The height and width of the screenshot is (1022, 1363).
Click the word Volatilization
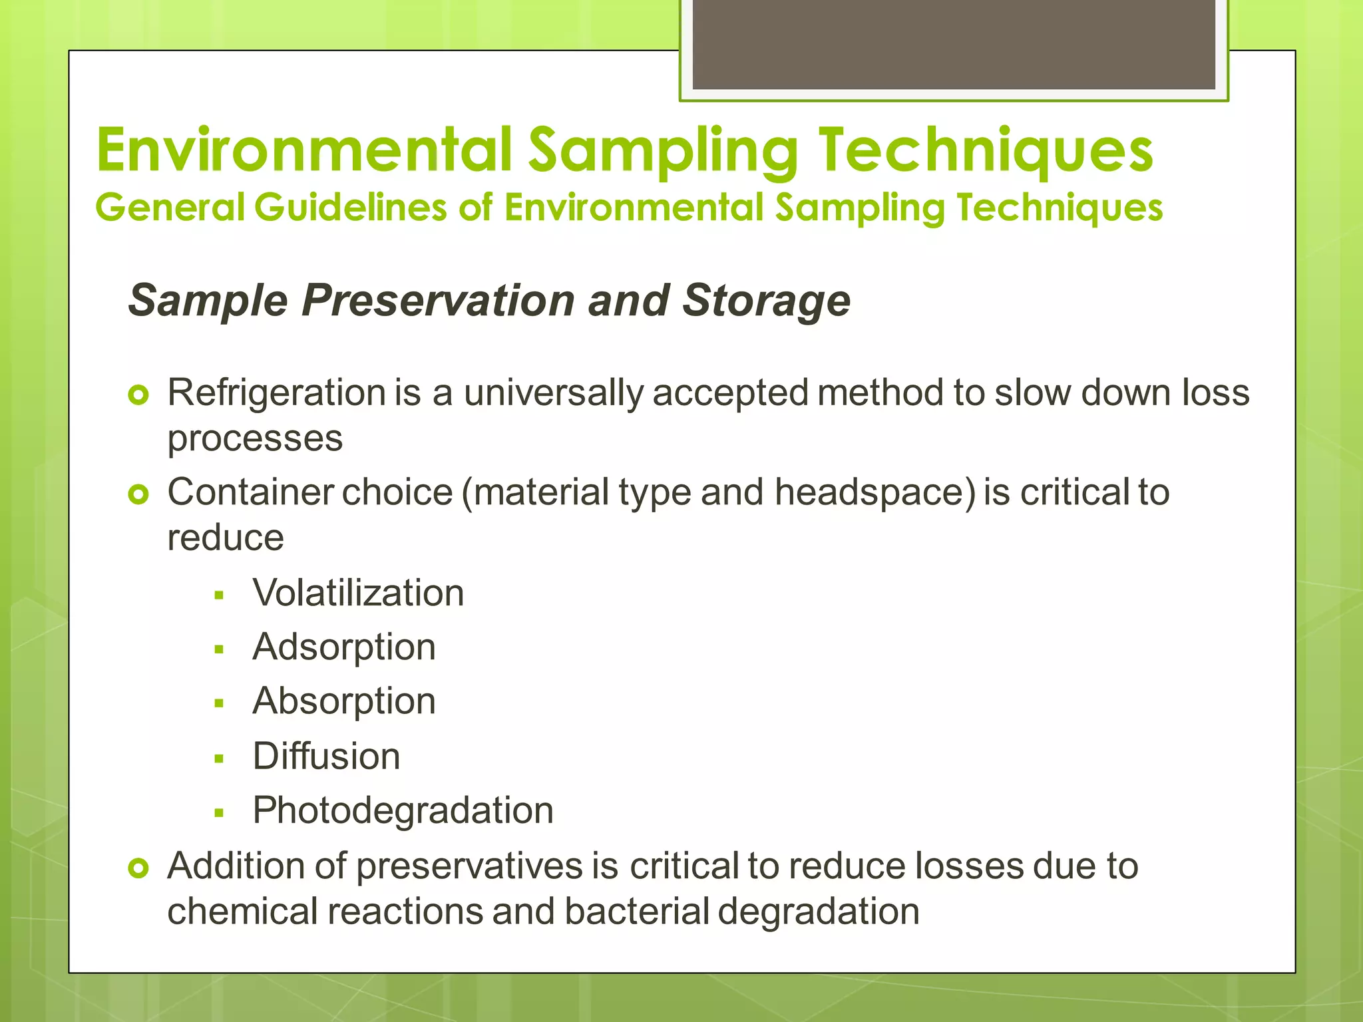pyautogui.click(x=358, y=593)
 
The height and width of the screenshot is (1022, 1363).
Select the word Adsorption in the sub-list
pyautogui.click(x=344, y=647)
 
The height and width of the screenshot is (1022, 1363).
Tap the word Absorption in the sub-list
pyautogui.click(x=344, y=701)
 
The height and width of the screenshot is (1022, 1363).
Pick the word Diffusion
pyautogui.click(x=326, y=757)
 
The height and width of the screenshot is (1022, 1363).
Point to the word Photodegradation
pyautogui.click(x=403, y=811)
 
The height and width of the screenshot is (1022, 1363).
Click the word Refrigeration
pyautogui.click(x=276, y=393)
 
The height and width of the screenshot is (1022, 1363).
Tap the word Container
pyautogui.click(x=250, y=492)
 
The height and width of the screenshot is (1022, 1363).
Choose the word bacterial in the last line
pyautogui.click(x=637, y=912)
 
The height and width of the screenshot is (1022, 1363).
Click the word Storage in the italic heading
pyautogui.click(x=766, y=301)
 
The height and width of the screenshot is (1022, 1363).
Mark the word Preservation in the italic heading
pyautogui.click(x=439, y=301)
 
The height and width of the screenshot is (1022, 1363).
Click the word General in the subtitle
pyautogui.click(x=170, y=207)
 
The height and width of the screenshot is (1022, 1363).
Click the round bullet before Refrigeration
pyautogui.click(x=138, y=396)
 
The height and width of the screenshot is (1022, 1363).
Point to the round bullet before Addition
pyautogui.click(x=138, y=868)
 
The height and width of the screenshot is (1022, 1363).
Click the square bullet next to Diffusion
pyautogui.click(x=219, y=759)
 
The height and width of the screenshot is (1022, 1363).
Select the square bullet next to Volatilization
pyautogui.click(x=219, y=596)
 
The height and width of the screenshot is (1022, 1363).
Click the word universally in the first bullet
pyautogui.click(x=554, y=393)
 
